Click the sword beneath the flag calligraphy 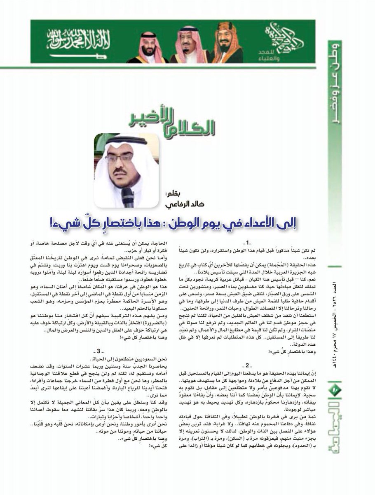tap(78, 56)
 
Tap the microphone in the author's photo tap(128, 197)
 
